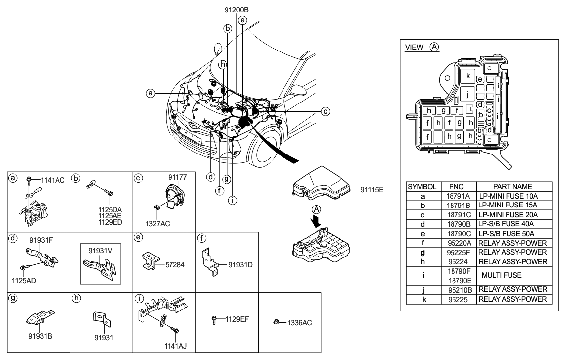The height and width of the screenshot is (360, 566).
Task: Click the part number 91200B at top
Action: pyautogui.click(x=236, y=9)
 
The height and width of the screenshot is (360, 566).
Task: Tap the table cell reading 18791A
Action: pyautogui.click(x=458, y=196)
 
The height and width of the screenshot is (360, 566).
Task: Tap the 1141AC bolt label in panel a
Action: pyautogui.click(x=53, y=180)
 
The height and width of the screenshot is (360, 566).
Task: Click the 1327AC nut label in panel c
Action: pyautogui.click(x=158, y=224)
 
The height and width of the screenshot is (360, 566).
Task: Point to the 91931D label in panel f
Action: pyautogui.click(x=240, y=265)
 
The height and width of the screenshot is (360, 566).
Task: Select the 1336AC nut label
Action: pyautogui.click(x=299, y=323)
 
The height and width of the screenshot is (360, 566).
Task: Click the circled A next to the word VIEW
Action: pyautogui.click(x=434, y=47)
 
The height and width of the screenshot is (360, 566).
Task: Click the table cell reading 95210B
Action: pyautogui.click(x=458, y=289)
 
